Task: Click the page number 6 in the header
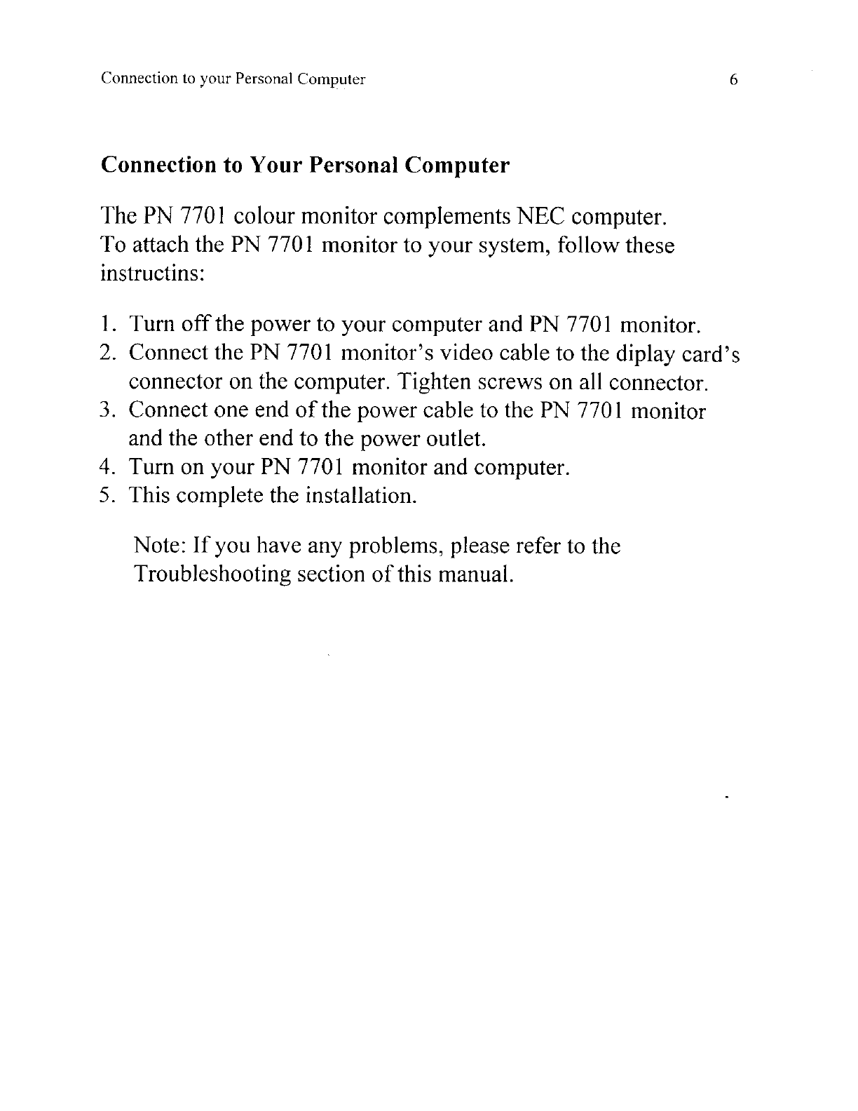[733, 79]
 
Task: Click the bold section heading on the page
[305, 166]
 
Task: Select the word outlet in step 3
[458, 439]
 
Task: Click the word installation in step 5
[362, 496]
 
